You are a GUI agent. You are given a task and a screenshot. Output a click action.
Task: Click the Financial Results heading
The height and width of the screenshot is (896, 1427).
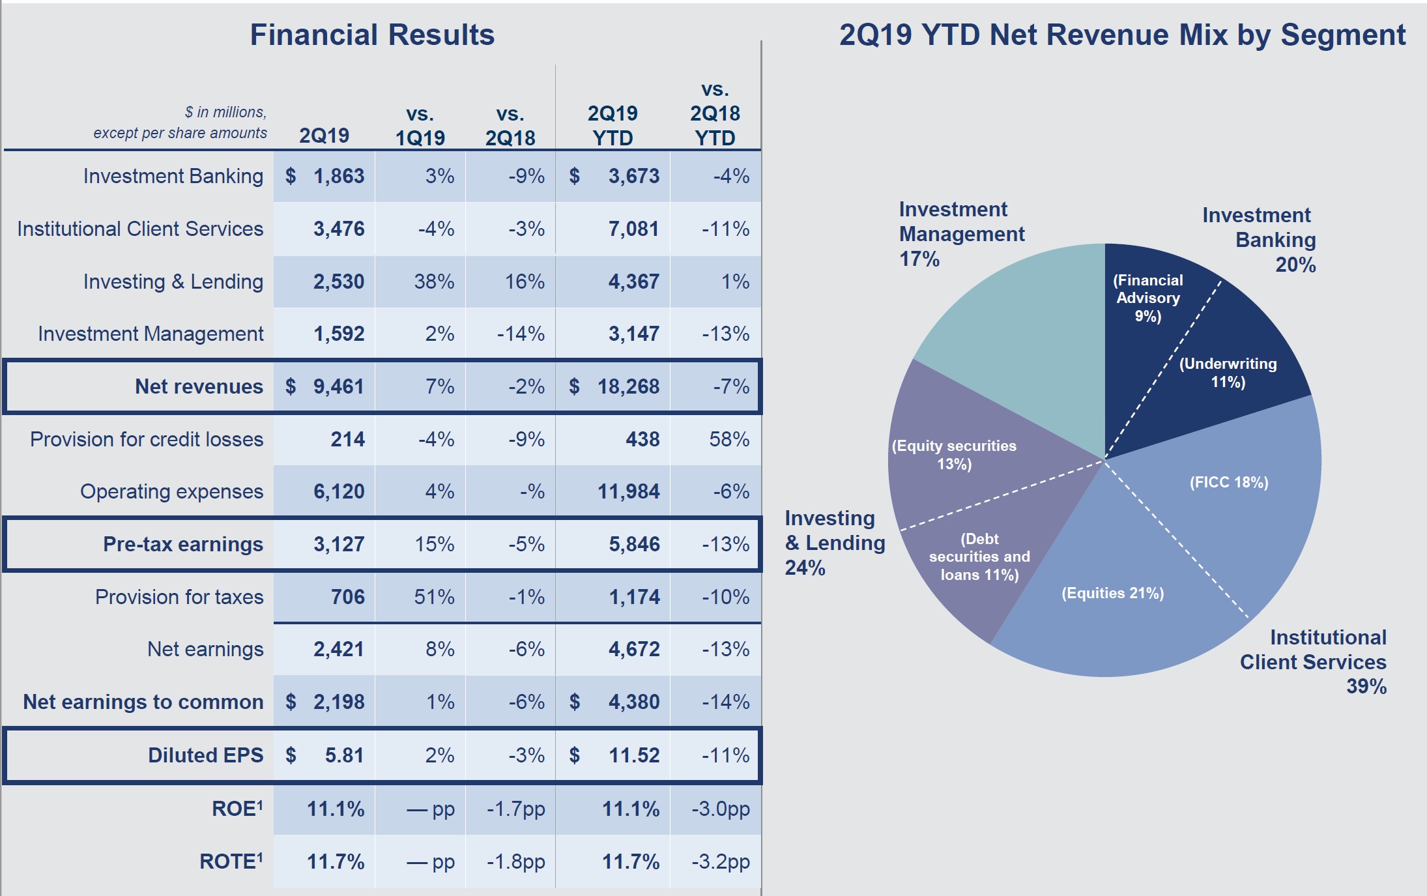[372, 35]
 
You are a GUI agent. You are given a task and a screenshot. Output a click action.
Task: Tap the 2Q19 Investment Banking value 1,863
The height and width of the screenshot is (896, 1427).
[339, 176]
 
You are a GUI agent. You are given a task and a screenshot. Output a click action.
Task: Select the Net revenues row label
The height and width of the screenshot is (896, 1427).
[199, 386]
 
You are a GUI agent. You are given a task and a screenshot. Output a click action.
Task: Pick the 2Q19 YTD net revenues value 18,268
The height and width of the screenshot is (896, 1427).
[628, 386]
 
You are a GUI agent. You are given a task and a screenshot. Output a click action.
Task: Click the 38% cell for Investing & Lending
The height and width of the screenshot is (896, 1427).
[434, 282]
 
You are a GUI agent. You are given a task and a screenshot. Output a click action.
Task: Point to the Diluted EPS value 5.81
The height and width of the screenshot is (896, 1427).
[345, 755]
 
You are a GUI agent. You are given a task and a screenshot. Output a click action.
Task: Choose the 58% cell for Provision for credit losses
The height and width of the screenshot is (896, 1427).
[729, 439]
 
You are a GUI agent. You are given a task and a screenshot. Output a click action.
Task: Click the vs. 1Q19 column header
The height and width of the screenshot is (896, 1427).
[420, 126]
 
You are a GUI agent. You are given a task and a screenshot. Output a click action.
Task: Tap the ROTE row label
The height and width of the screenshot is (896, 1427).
[231, 861]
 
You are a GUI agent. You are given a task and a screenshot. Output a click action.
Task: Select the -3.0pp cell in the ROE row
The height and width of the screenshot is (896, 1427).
[721, 809]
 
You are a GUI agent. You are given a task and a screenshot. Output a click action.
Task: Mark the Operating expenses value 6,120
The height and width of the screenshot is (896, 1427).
[339, 491]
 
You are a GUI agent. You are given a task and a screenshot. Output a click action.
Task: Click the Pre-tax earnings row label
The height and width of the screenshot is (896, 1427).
[183, 544]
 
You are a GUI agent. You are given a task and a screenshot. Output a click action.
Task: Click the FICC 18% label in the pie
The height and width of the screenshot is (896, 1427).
[1229, 482]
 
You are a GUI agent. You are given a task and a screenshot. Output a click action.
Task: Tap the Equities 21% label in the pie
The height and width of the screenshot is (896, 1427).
[1112, 593]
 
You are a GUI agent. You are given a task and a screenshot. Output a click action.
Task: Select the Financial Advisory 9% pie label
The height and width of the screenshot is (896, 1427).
[1148, 298]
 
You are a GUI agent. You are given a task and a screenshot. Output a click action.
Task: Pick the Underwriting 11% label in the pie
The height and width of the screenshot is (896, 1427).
[1228, 373]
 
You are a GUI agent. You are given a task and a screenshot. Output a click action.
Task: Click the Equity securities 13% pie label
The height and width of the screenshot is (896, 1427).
[954, 455]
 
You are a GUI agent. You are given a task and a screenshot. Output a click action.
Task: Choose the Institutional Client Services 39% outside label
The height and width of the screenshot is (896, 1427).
[1313, 661]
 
